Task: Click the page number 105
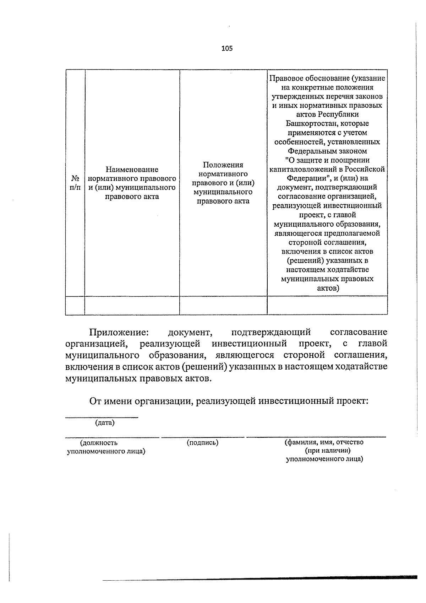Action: tap(227, 48)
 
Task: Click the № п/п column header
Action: tap(75, 182)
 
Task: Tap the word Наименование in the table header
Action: tap(132, 169)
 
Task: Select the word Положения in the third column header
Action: tap(223, 165)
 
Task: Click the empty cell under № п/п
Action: tap(75, 305)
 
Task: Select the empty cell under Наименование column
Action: tap(132, 305)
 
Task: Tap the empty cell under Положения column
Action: tap(223, 305)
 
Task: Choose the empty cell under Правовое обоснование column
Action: tap(327, 305)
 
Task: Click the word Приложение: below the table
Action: tap(118, 332)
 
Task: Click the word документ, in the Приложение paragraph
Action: tap(190, 332)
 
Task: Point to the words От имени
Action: tap(110, 401)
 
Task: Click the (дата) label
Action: tap(105, 423)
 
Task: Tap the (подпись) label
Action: tap(202, 442)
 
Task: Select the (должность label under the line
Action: tap(99, 443)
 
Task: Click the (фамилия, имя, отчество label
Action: tap(324, 442)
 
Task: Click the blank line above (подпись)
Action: tap(202, 437)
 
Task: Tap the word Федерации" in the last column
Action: tap(304, 178)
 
